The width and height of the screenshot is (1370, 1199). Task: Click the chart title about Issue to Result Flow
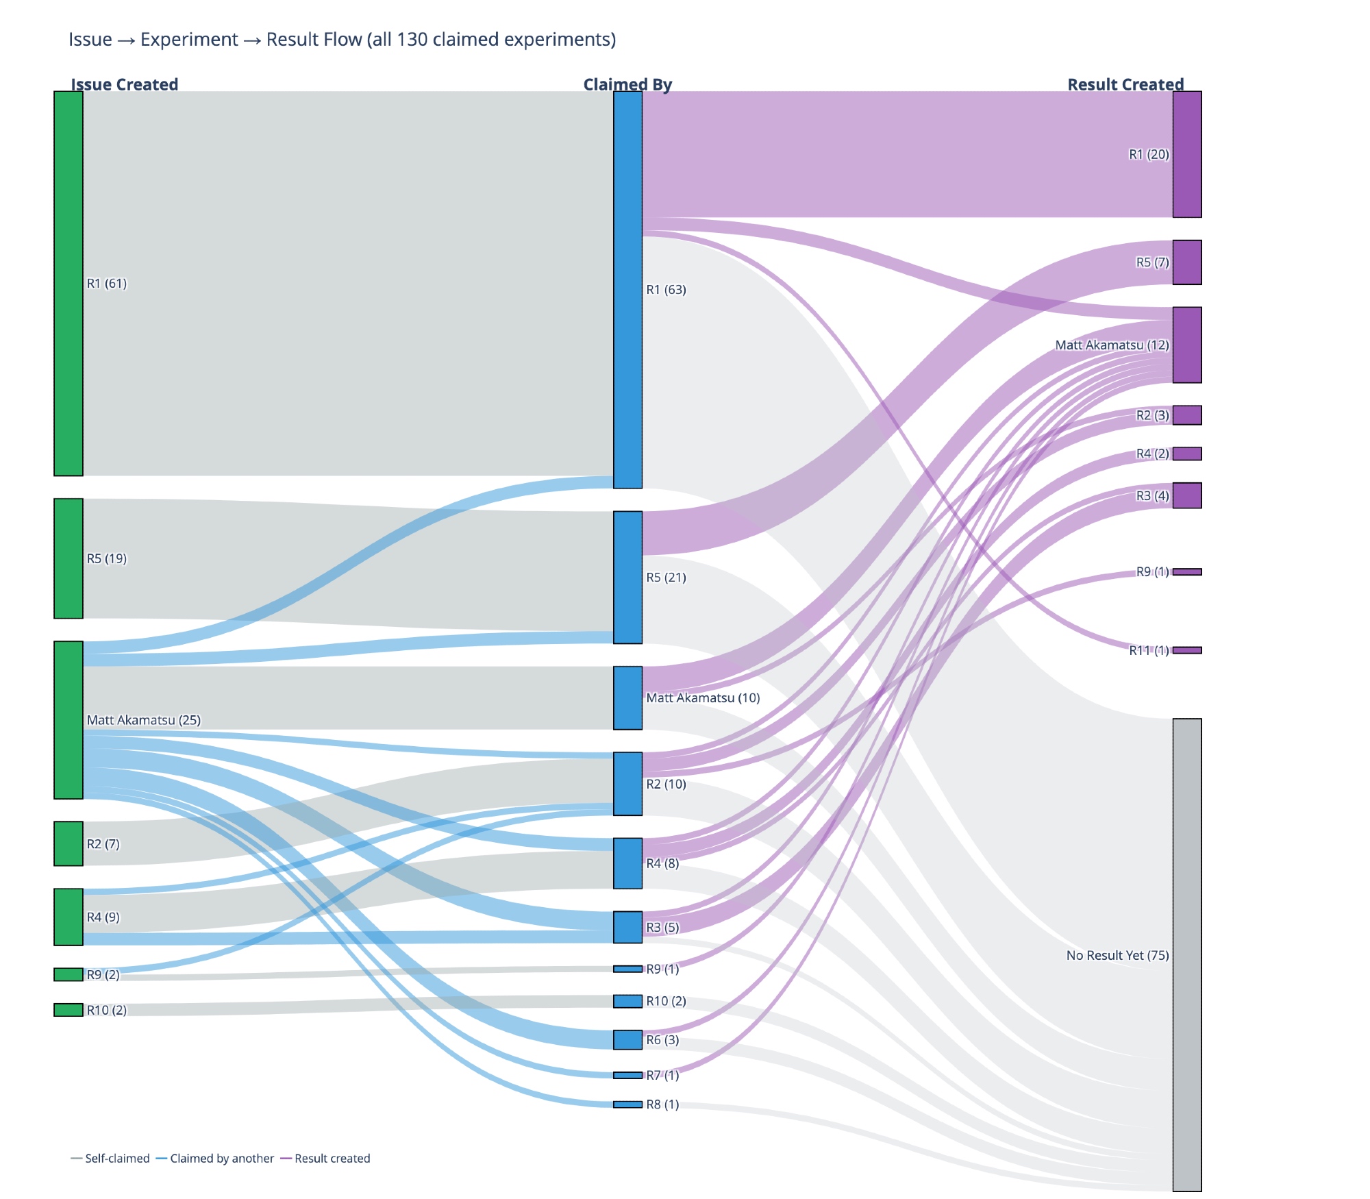(342, 40)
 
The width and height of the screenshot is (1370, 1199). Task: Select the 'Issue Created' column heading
(124, 84)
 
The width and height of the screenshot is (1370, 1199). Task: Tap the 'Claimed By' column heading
(627, 84)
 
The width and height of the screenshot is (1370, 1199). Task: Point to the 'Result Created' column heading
(1125, 84)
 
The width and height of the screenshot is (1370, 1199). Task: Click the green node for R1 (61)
(68, 283)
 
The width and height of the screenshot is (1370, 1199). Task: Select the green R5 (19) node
(68, 558)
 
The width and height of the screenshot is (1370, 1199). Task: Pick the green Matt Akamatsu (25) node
(68, 720)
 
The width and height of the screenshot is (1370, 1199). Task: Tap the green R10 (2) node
(68, 1010)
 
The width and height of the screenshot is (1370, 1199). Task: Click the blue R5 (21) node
(627, 577)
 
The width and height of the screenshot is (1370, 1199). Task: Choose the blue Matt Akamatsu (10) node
(627, 697)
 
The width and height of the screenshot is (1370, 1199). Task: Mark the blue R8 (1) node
(627, 1104)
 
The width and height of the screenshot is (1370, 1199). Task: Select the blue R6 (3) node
(627, 1040)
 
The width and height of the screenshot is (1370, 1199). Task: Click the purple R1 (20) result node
(1187, 154)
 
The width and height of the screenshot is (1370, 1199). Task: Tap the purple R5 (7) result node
(1187, 262)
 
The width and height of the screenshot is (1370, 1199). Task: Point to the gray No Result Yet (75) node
(1187, 955)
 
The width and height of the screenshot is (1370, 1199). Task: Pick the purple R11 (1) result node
(1187, 650)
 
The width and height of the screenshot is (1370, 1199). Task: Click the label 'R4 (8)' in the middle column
(662, 863)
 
